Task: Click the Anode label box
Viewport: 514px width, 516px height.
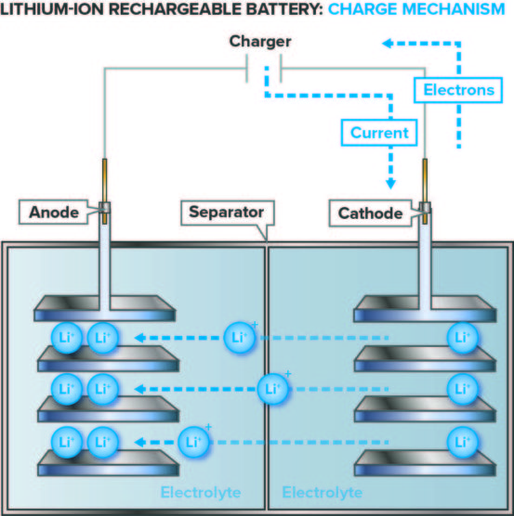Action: pyautogui.click(x=55, y=213)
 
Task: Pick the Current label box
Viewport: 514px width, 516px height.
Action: pyautogui.click(x=379, y=133)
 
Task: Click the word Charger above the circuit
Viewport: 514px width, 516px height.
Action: pyautogui.click(x=261, y=42)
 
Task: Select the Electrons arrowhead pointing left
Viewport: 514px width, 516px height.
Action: pyautogui.click(x=389, y=43)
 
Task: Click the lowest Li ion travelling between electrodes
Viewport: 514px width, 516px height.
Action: pyautogui.click(x=193, y=440)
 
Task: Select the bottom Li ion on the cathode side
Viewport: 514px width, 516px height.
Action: pyautogui.click(x=461, y=440)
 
